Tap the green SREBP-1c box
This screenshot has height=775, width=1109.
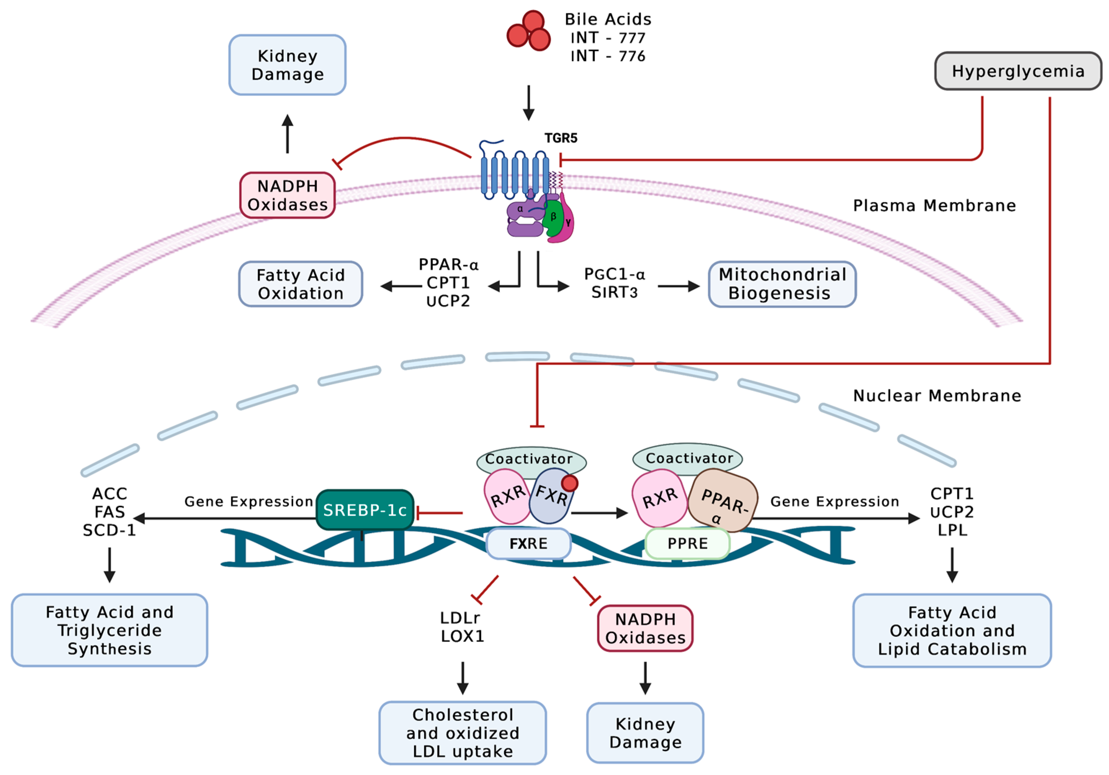365,510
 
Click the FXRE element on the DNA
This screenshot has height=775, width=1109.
529,544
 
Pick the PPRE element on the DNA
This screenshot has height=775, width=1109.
687,544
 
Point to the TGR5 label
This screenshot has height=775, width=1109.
561,138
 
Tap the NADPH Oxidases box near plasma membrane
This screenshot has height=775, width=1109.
287,195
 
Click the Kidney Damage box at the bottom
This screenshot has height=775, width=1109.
645,733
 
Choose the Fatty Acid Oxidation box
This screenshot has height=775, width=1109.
300,284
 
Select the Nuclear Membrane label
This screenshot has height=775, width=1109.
937,396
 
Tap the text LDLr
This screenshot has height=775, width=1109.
460,618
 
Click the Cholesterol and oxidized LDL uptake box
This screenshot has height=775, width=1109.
462,733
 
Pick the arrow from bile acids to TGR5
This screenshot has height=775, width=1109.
529,102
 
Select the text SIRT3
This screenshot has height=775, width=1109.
614,292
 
